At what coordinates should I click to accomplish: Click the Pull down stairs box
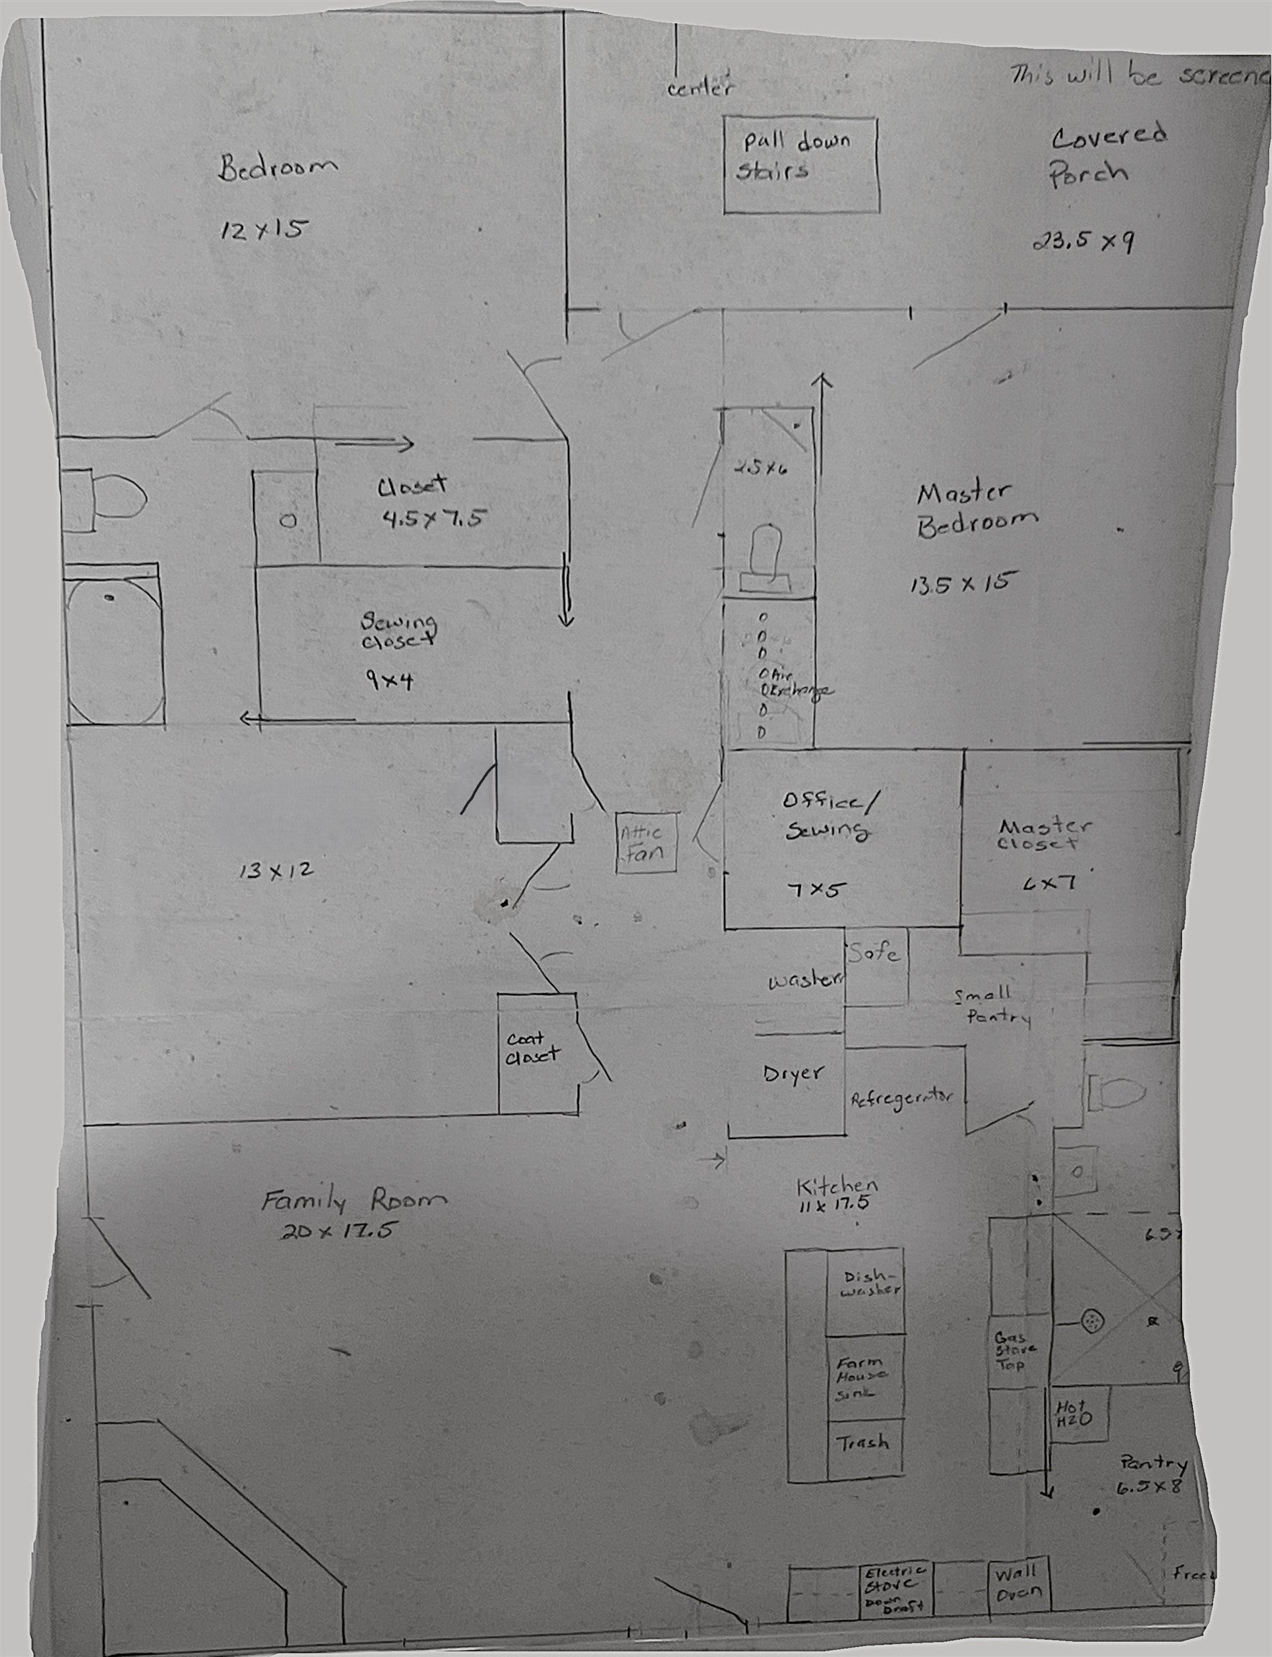tap(801, 165)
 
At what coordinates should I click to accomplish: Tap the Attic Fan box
tap(645, 842)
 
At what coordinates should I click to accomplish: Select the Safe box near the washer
tap(876, 967)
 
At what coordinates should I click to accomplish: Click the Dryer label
tap(792, 1073)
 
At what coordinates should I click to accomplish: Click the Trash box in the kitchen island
tap(864, 1442)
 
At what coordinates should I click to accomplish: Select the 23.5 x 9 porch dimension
tap(1082, 242)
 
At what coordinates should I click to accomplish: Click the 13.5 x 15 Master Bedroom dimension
tap(961, 584)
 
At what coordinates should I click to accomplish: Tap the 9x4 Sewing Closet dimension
tap(388, 680)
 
